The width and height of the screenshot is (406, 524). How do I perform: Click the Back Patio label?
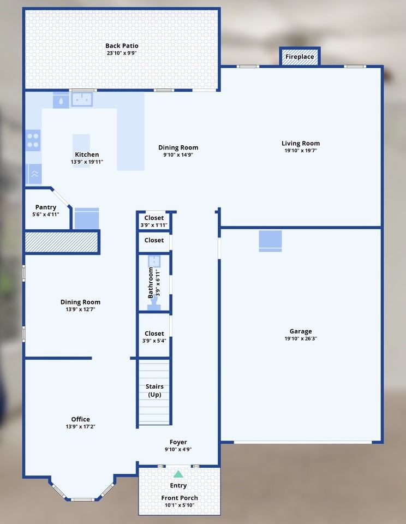[122, 46]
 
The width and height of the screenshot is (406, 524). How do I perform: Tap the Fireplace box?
[300, 57]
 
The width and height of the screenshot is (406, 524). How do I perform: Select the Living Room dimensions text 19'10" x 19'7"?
[301, 151]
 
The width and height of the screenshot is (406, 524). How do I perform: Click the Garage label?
[301, 331]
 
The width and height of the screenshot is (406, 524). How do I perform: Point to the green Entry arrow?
[178, 474]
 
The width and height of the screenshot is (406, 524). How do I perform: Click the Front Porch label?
[179, 498]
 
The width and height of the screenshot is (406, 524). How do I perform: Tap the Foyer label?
[178, 442]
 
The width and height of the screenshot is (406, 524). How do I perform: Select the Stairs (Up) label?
[154, 390]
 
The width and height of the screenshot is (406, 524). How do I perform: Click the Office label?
[80, 419]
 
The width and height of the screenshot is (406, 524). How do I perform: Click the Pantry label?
[46, 207]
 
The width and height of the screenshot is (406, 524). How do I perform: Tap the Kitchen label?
[87, 154]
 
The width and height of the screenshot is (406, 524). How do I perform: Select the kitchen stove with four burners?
[33, 140]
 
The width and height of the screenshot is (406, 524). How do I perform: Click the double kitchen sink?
[82, 99]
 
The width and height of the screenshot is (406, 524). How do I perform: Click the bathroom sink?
[154, 261]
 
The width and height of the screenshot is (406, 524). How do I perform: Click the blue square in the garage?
[270, 241]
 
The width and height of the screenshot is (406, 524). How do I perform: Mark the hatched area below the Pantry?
[61, 242]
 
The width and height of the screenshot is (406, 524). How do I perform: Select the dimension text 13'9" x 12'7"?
[80, 309]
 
